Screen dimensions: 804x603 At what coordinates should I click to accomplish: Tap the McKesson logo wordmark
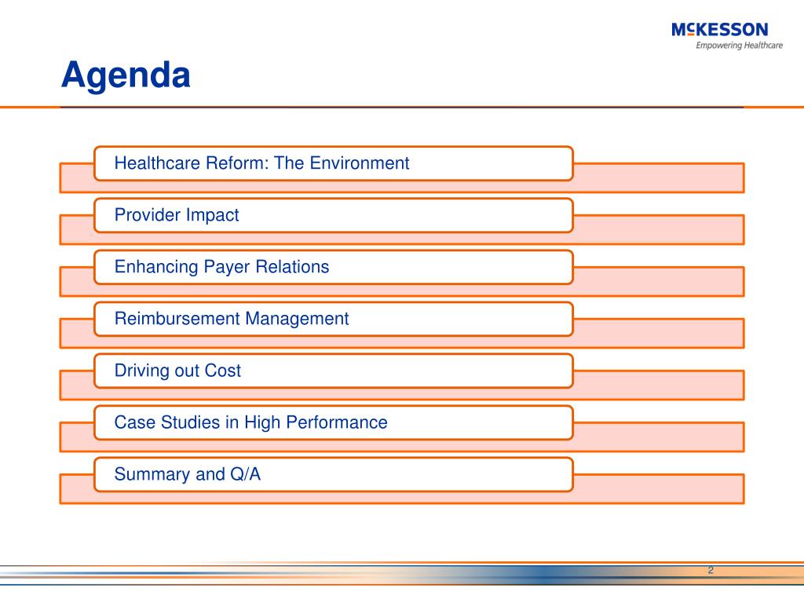click(719, 30)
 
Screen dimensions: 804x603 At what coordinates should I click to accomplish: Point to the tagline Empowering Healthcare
click(739, 45)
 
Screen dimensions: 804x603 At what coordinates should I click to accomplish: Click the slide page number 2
click(711, 570)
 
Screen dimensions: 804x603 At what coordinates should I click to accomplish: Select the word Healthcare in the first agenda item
click(157, 163)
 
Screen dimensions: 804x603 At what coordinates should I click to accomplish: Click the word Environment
click(360, 163)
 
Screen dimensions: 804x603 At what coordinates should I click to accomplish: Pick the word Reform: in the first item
click(237, 163)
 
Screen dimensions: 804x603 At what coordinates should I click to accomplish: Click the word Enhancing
click(156, 267)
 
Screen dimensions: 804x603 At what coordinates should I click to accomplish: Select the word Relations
click(292, 267)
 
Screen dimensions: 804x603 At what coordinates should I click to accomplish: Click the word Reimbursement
click(177, 319)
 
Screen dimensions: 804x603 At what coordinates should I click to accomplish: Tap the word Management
click(297, 319)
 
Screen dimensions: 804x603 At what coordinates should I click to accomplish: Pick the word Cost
click(222, 371)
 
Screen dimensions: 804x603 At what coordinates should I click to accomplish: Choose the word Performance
click(336, 422)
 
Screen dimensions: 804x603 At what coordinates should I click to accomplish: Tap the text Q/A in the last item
click(246, 473)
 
